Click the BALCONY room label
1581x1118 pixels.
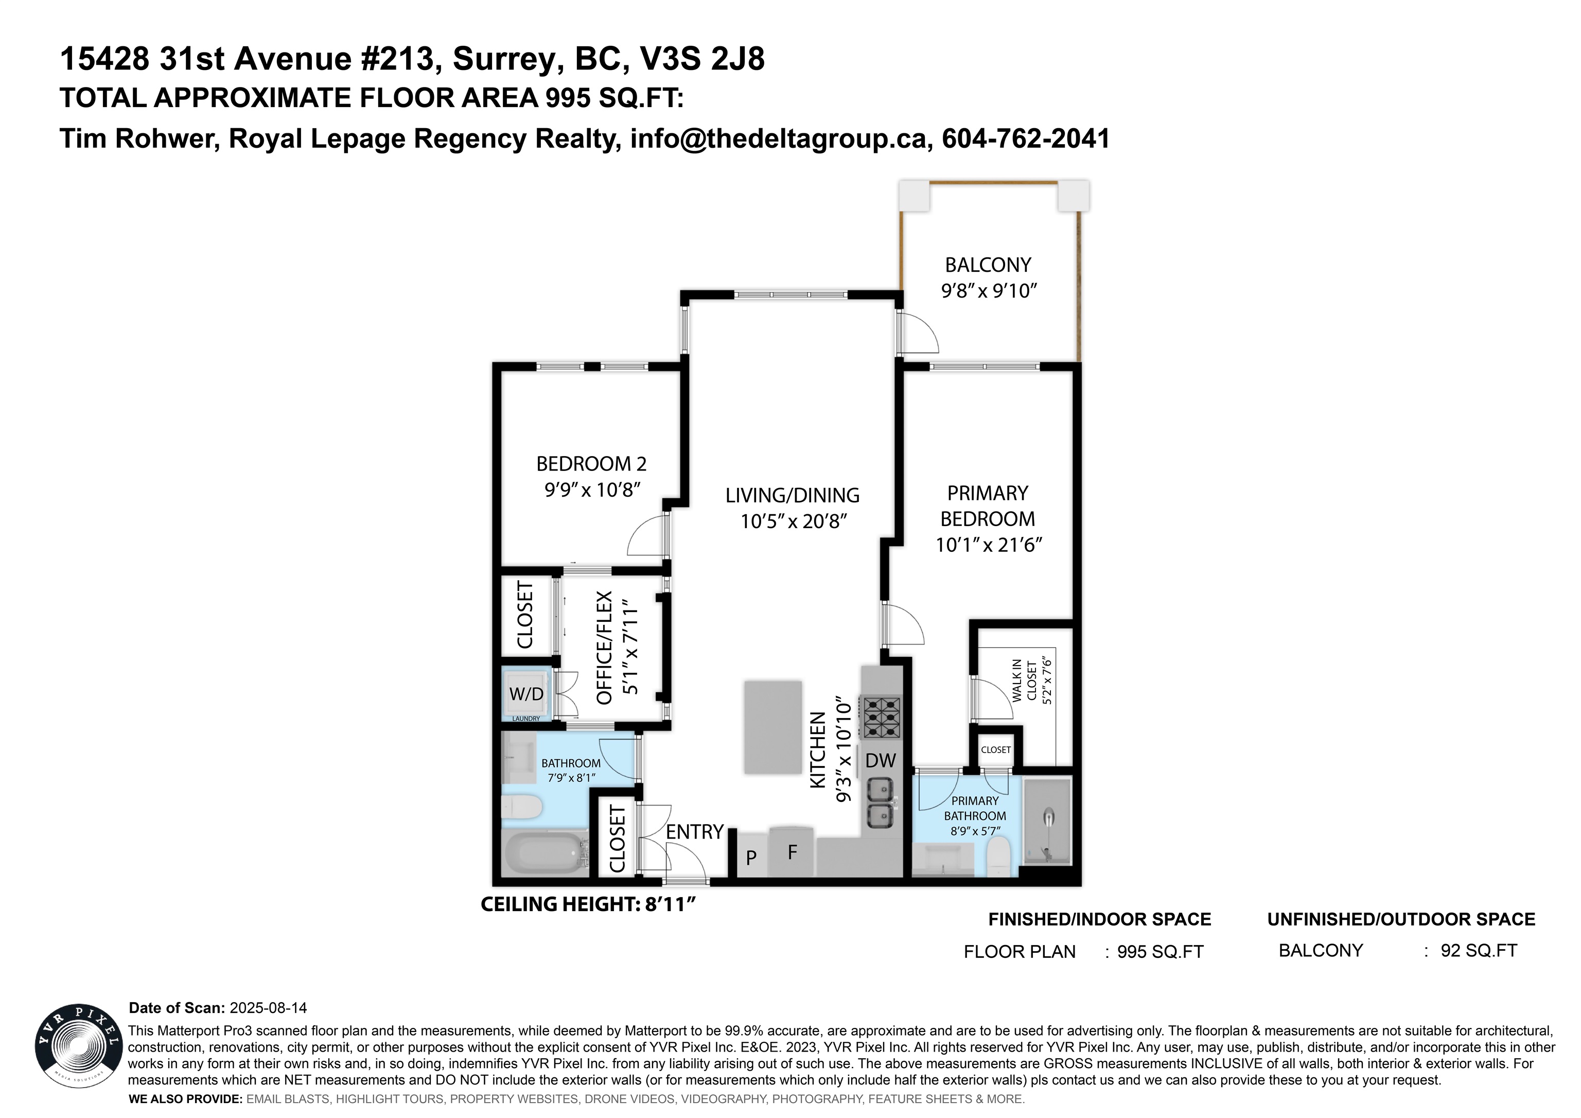coord(988,265)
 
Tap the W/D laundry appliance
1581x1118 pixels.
coord(526,694)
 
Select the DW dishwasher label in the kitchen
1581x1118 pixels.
coord(880,760)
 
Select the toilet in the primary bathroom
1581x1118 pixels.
coord(997,857)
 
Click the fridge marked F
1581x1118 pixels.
coord(792,851)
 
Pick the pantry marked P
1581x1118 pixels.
coord(751,856)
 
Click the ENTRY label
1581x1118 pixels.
coord(694,832)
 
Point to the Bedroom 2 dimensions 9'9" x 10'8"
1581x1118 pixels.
coord(592,490)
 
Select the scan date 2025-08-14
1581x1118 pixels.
coord(268,1008)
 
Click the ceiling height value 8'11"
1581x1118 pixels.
coord(670,904)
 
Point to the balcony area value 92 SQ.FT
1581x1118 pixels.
coord(1479,951)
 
